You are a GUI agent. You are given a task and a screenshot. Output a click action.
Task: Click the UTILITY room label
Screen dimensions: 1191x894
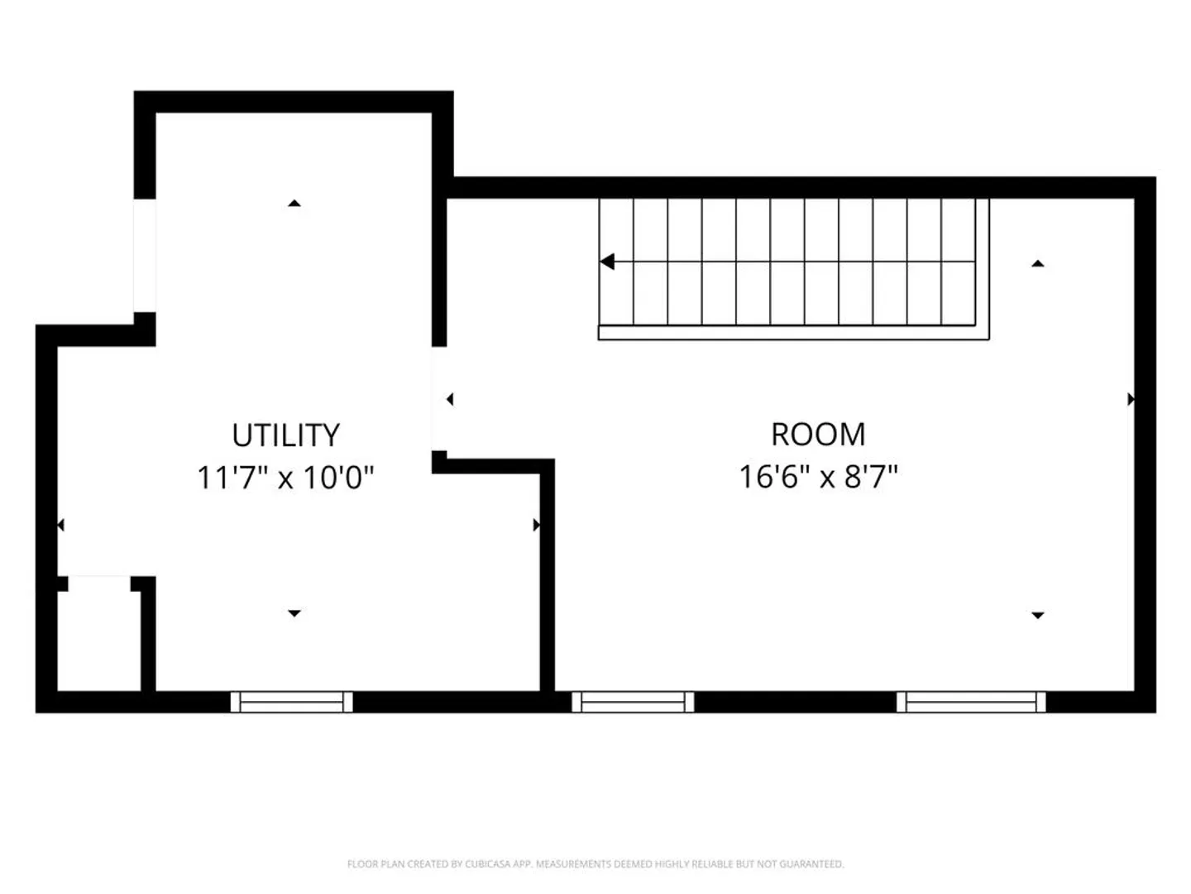point(285,435)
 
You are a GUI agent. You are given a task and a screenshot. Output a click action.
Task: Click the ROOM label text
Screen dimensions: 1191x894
point(818,435)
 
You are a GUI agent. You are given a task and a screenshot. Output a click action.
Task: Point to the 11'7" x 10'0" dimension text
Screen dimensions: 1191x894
point(285,478)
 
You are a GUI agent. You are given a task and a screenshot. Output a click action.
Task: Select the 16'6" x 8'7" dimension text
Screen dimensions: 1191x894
point(818,477)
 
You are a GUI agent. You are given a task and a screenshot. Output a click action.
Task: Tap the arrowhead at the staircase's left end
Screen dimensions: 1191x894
point(606,262)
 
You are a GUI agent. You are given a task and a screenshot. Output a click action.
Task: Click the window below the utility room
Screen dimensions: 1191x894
point(291,702)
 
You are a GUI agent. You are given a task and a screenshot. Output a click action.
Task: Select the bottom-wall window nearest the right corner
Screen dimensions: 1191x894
point(971,702)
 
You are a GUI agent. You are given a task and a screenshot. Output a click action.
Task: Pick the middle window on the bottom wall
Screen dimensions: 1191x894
point(633,702)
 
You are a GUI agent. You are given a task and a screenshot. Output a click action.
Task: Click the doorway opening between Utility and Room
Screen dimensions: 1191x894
point(439,398)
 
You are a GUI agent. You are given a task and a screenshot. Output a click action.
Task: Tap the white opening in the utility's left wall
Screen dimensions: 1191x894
point(145,256)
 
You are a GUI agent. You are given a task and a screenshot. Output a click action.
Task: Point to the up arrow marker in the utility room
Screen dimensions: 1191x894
point(294,204)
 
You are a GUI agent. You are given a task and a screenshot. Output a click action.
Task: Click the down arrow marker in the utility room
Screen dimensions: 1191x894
point(294,613)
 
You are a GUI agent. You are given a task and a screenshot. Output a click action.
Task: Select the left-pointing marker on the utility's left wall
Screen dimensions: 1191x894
point(60,525)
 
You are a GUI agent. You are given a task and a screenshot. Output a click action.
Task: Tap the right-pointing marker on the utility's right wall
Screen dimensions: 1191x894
point(537,525)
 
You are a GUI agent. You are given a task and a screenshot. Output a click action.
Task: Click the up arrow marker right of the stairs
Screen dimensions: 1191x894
point(1038,264)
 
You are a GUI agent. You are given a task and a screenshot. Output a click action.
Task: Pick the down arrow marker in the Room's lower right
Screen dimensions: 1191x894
point(1038,616)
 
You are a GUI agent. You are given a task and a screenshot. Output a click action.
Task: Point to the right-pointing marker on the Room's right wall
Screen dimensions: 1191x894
point(1131,400)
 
